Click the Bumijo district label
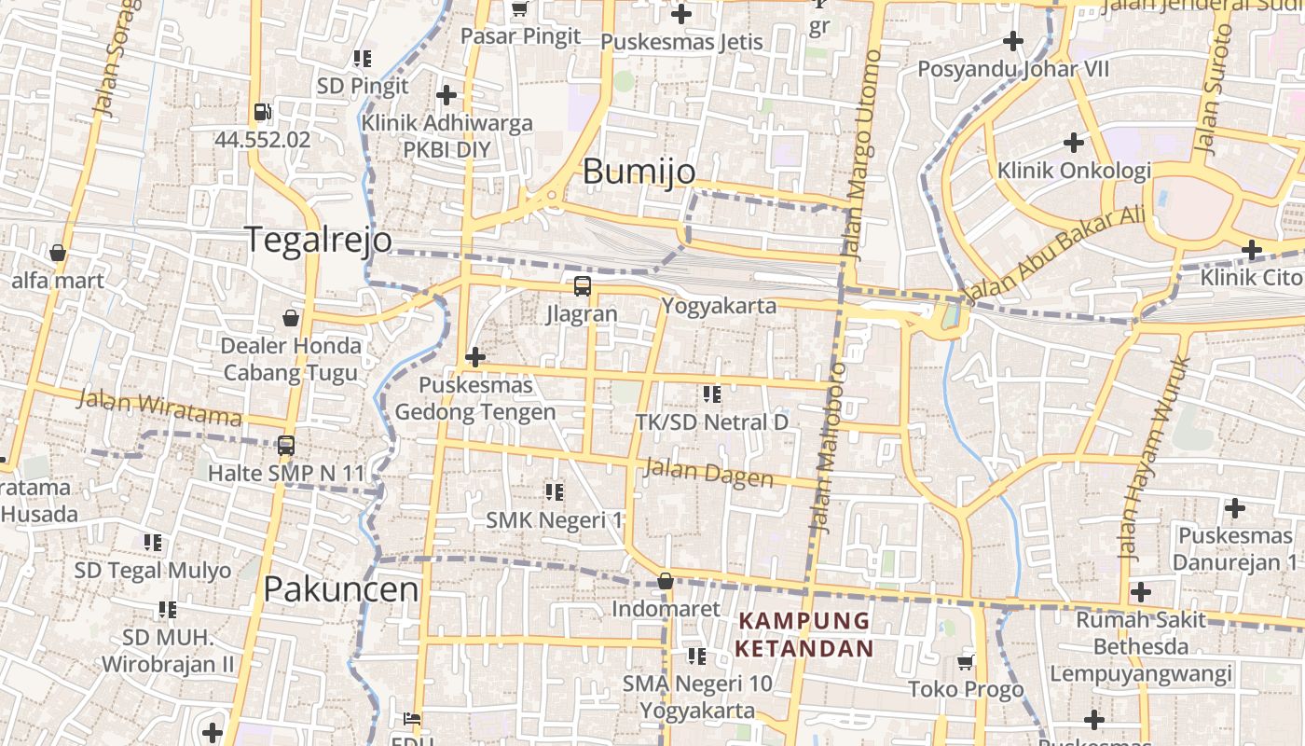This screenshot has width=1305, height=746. tap(639, 172)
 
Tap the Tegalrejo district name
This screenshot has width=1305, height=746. tap(318, 240)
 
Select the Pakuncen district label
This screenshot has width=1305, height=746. tap(340, 589)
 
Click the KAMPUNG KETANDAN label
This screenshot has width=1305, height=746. tap(804, 634)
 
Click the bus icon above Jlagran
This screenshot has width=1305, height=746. tap(582, 286)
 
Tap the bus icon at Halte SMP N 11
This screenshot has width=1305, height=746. tap(286, 446)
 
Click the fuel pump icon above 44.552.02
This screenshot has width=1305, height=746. tap(262, 113)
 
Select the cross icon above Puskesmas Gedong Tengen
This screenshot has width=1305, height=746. tap(475, 356)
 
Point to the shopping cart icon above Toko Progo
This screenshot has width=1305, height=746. tap(966, 662)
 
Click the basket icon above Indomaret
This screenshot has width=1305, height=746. tap(666, 581)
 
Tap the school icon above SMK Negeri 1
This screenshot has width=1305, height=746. tap(555, 491)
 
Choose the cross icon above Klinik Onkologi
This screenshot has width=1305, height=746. tap(1074, 143)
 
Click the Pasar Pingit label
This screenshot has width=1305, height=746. tap(521, 36)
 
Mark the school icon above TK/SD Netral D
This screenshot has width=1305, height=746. tap(712, 394)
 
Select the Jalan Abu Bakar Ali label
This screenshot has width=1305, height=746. tap(1054, 255)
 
